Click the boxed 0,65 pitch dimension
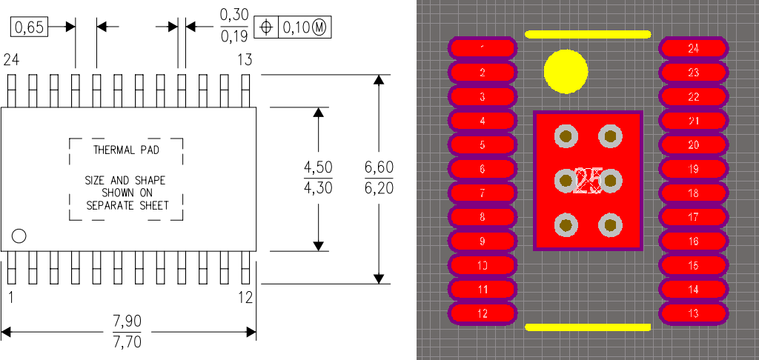tap(30, 27)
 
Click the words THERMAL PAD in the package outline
tap(126, 150)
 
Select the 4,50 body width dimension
tap(318, 168)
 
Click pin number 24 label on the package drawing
tap(12, 59)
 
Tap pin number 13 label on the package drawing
tap(245, 59)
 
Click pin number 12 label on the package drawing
tap(245, 298)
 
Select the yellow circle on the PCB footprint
tap(566, 72)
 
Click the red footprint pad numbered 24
tap(693, 49)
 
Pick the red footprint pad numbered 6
tap(482, 170)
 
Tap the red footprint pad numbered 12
tap(482, 314)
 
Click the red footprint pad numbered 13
tap(693, 314)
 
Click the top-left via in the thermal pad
tap(566, 135)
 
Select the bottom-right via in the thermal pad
tap(610, 225)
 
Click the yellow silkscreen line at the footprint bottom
tap(588, 327)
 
